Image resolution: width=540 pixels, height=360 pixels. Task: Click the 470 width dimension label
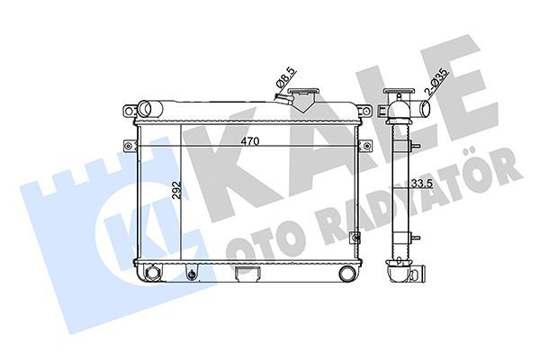click(249, 141)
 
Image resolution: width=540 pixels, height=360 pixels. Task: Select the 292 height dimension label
click(176, 190)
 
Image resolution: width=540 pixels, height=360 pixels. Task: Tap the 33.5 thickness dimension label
click(422, 184)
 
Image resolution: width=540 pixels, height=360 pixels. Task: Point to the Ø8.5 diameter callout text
click(286, 77)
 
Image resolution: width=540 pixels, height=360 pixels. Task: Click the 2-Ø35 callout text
click(437, 82)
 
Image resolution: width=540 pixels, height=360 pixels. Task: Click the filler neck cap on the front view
click(304, 91)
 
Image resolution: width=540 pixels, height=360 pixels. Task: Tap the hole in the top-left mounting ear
click(129, 111)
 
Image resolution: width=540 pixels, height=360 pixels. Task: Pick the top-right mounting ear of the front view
click(365, 111)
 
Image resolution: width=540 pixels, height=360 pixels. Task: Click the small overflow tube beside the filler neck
click(284, 99)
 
